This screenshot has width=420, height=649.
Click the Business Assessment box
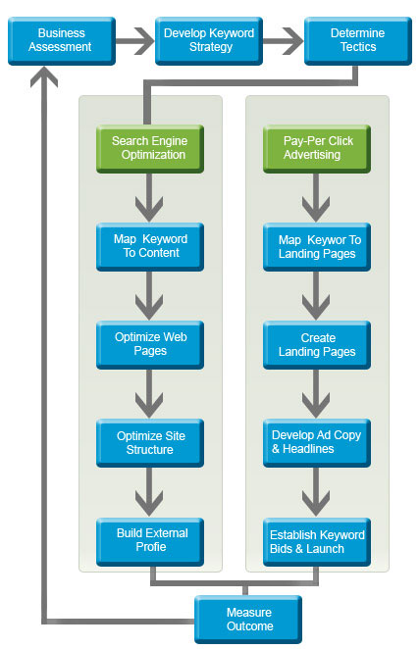click(x=62, y=40)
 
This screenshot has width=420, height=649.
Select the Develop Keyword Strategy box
click(x=209, y=40)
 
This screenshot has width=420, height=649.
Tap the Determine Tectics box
click(x=358, y=40)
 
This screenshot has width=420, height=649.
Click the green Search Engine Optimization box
click(x=150, y=149)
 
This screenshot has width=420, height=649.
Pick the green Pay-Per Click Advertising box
click(x=317, y=149)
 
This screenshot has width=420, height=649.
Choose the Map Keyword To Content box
click(x=150, y=247)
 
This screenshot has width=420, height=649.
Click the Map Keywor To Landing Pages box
click(x=317, y=247)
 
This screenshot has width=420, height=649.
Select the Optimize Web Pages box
click(x=150, y=345)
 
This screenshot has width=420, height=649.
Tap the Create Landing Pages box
click(x=317, y=345)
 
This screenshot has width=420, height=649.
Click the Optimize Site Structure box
click(x=150, y=443)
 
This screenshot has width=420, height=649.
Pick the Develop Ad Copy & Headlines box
click(x=317, y=443)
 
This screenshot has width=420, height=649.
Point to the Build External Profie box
click(x=150, y=542)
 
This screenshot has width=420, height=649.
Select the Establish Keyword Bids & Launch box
click(x=317, y=542)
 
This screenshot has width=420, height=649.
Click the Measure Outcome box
click(x=248, y=620)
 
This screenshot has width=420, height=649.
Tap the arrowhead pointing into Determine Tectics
click(x=293, y=41)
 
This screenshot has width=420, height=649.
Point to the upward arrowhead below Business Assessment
click(x=44, y=76)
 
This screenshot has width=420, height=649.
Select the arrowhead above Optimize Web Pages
click(x=149, y=307)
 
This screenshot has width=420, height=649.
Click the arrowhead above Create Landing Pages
click(x=316, y=307)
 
